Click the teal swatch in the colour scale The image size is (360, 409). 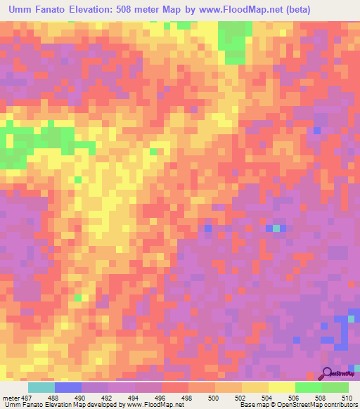click(x=41, y=388)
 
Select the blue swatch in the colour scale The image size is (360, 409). click(x=68, y=388)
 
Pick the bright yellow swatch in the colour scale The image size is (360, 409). click(x=282, y=388)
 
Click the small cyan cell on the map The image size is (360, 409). click(x=276, y=228)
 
